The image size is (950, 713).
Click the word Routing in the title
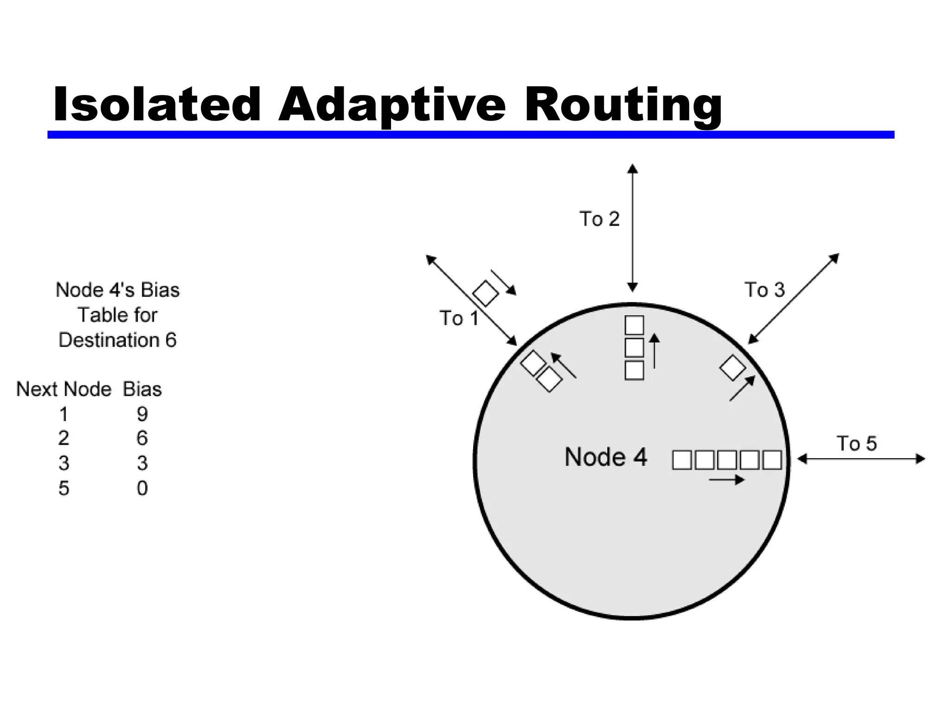tap(623, 106)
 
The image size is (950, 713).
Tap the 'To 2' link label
tap(599, 219)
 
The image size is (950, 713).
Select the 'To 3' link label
tap(764, 290)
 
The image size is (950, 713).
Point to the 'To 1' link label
tap(459, 318)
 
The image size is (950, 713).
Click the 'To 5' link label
tap(856, 443)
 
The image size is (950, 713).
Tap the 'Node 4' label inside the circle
tap(605, 457)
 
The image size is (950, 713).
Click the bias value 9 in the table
tap(142, 414)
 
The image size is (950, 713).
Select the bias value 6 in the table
tap(142, 438)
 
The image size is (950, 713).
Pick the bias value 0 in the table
tap(142, 488)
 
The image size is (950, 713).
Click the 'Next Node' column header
tap(64, 389)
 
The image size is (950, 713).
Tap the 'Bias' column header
tap(142, 389)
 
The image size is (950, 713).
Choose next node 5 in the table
tap(64, 488)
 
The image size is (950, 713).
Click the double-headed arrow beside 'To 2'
tap(632, 227)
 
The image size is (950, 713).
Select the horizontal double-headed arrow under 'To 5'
tap(861, 459)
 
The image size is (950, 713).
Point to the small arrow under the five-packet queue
tap(726, 480)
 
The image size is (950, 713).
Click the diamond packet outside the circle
tap(485, 293)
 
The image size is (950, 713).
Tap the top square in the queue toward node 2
tap(634, 325)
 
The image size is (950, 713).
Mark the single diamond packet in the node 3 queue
tap(732, 368)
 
